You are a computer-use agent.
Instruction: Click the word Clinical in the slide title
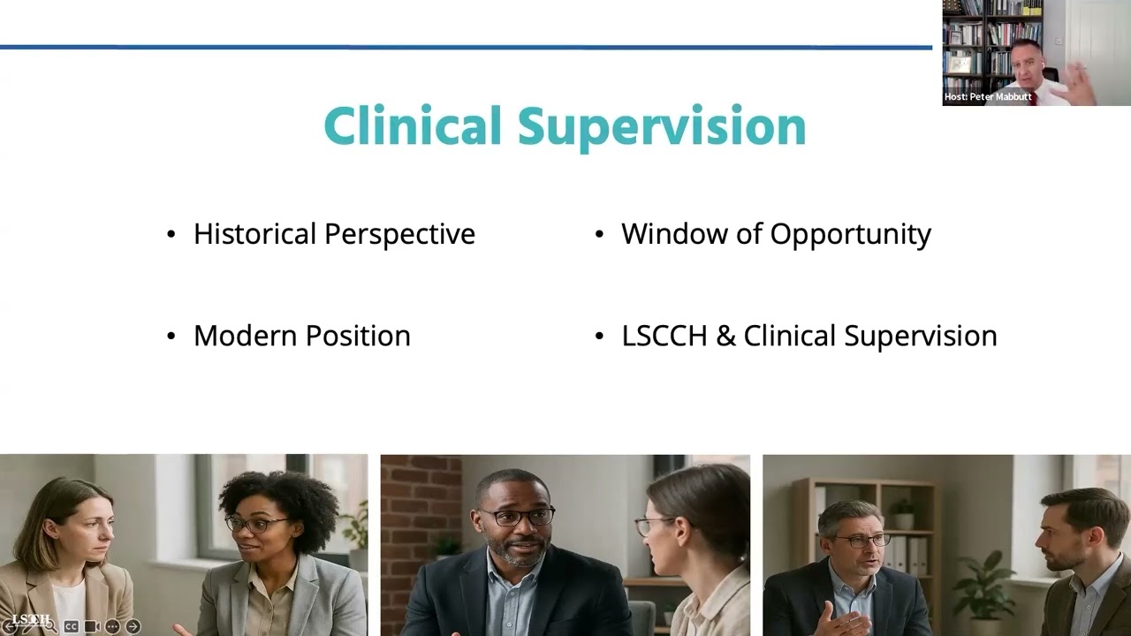click(413, 126)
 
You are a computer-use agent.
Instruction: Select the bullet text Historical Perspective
click(334, 234)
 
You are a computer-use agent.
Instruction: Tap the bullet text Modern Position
click(301, 336)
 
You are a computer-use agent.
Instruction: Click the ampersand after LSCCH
click(725, 336)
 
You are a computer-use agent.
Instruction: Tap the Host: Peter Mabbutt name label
click(987, 97)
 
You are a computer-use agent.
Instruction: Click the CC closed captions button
click(72, 626)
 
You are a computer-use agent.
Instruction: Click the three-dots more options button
click(112, 626)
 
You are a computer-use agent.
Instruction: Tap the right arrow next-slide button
click(133, 626)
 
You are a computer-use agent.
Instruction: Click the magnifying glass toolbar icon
click(50, 626)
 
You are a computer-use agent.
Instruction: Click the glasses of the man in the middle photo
click(517, 518)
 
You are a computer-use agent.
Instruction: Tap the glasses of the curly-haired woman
click(256, 524)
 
